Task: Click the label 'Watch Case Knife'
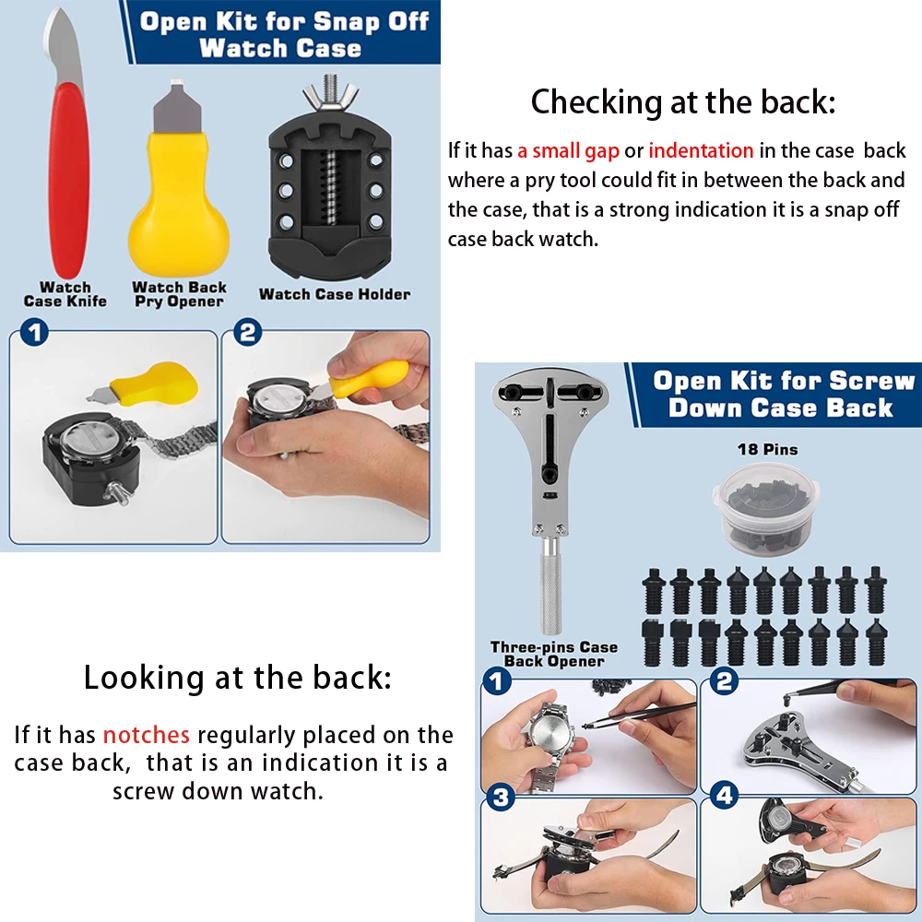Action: coord(65,294)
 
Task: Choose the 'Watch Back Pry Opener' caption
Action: coord(179,294)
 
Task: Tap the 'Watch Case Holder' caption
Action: coord(335,294)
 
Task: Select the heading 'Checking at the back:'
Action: coord(682,101)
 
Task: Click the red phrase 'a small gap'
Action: coord(568,150)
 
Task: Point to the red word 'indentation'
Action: coord(701,150)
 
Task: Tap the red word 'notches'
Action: coord(147,735)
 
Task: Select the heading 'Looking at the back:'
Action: coord(237,678)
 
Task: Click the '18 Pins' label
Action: coord(767,450)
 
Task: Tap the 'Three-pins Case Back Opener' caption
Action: coord(553,654)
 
